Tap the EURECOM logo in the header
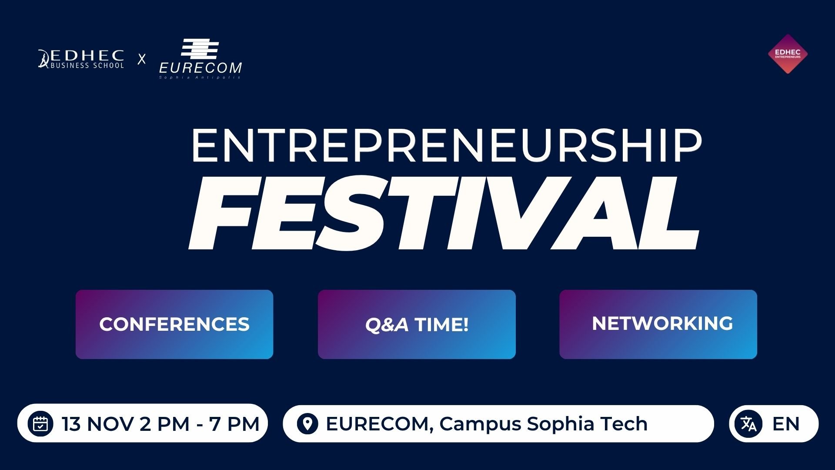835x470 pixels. point(200,59)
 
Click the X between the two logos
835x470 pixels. point(142,59)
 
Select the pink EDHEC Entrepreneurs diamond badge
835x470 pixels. point(788,54)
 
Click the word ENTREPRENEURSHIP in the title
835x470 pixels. point(446,146)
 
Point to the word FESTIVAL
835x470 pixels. point(444,213)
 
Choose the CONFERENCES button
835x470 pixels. point(174,324)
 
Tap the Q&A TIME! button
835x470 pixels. point(417,324)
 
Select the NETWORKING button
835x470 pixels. point(658,324)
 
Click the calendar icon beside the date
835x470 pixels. point(40,423)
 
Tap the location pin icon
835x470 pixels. point(307,423)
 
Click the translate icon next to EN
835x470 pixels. point(748,423)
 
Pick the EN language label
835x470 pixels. point(786,424)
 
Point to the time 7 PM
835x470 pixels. point(234,424)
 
